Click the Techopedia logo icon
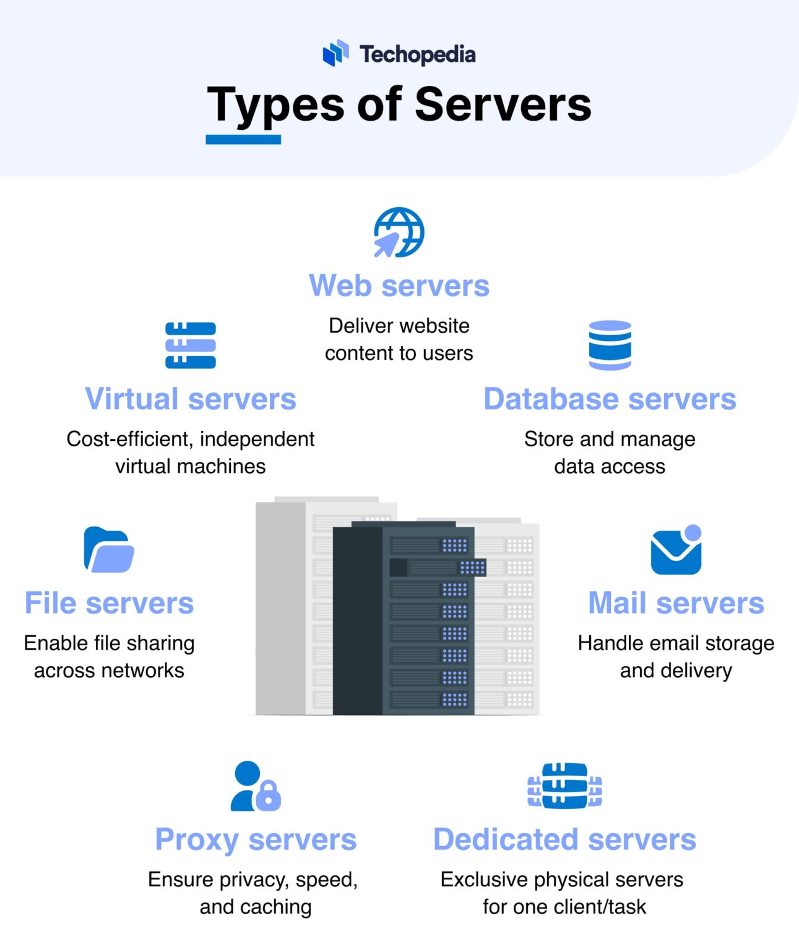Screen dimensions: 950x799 point(336,53)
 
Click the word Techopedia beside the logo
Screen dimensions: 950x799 point(418,54)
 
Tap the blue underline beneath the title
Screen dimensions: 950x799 point(243,140)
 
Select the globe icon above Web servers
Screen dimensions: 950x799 point(399,233)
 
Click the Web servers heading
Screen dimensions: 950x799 point(399,286)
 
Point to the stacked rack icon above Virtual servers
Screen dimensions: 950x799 point(191,345)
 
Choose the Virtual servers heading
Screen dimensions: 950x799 point(191,399)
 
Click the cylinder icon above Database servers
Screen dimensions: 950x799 point(610,345)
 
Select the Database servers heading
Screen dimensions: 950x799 point(610,399)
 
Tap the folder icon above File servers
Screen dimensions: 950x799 point(109,549)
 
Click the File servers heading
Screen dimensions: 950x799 point(109,603)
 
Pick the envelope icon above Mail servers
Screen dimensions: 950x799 point(676,550)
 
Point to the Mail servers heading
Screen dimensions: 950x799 point(676,603)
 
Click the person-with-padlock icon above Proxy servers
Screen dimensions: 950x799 point(256,786)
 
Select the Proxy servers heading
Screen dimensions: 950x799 point(256,839)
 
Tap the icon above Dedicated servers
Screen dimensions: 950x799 point(564,785)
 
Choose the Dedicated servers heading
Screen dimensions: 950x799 point(564,839)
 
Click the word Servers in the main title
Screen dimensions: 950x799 point(503,104)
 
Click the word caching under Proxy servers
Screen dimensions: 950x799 point(276,907)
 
